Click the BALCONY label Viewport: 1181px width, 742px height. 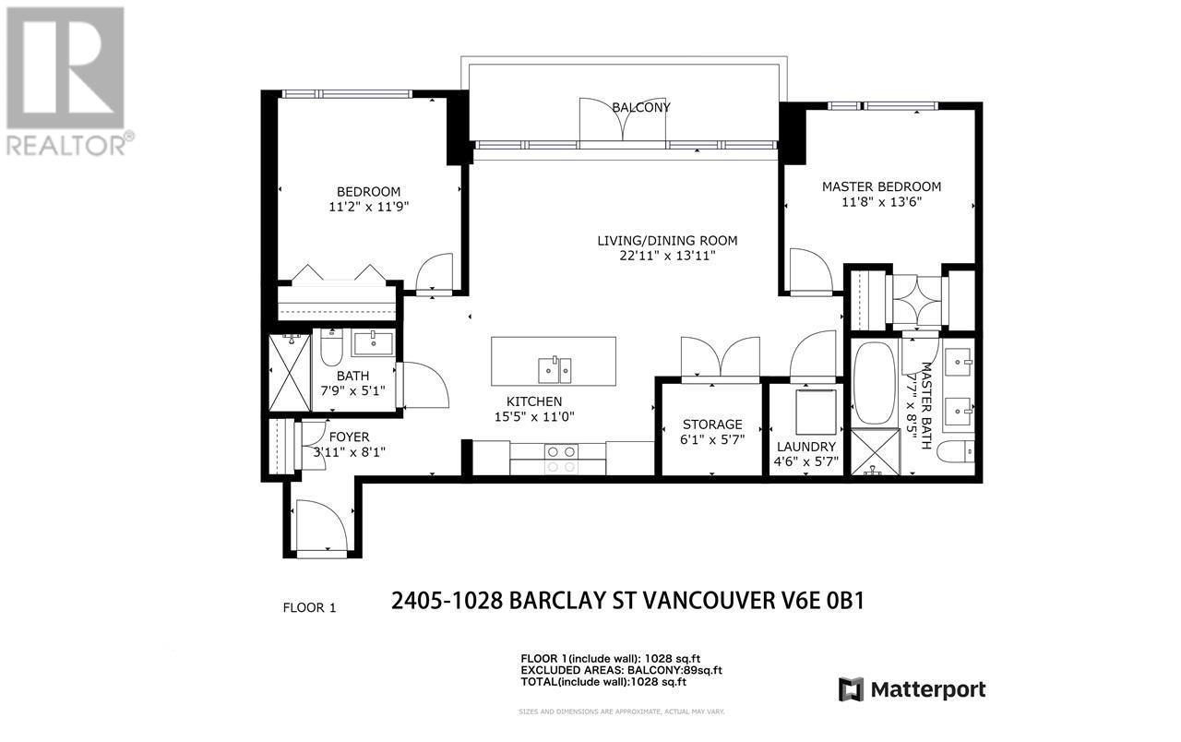[641, 107]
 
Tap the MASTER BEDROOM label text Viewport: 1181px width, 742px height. [881, 186]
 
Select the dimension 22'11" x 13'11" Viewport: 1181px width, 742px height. [667, 257]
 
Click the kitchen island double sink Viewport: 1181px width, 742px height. [555, 369]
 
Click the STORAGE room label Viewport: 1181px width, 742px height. [711, 425]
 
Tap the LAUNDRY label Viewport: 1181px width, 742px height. [805, 447]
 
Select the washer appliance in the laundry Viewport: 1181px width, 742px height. [815, 412]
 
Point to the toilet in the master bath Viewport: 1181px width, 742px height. [954, 452]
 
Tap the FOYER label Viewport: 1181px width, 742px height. [349, 437]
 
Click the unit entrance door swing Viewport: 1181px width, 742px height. [320, 527]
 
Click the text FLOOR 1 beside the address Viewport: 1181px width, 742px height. [309, 607]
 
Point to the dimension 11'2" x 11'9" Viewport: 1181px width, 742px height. [368, 207]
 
